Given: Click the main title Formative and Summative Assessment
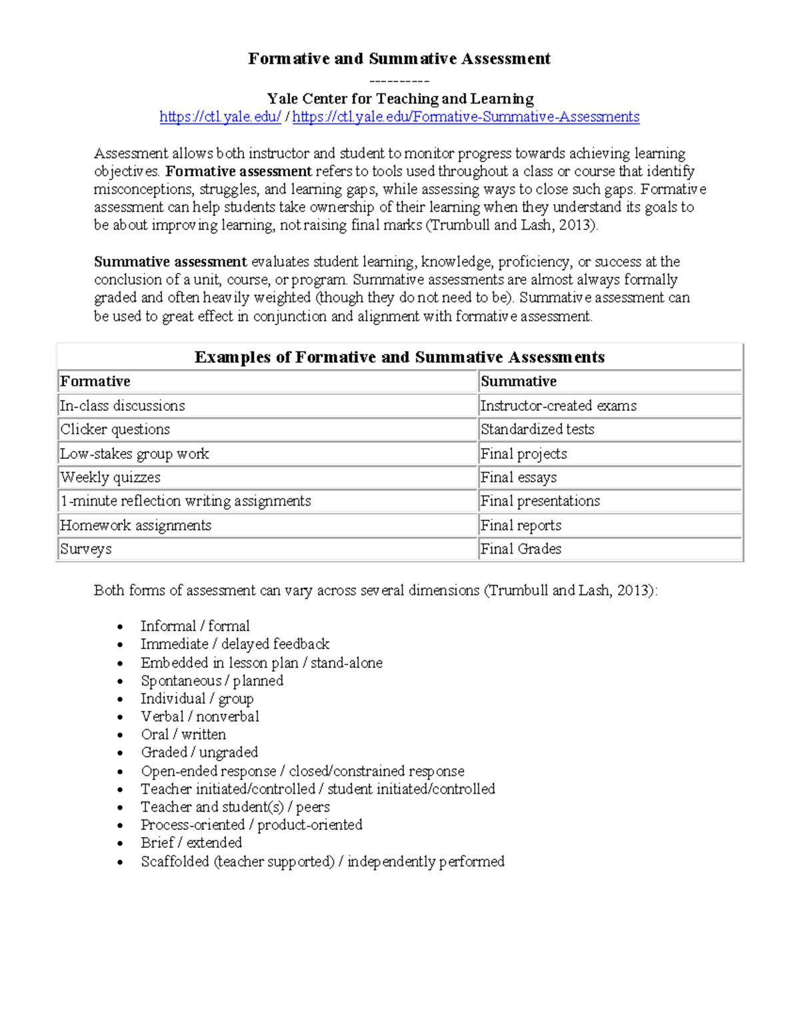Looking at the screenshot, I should (399, 59).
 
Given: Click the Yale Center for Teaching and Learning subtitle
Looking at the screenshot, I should (400, 99).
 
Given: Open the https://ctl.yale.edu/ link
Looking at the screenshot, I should (220, 117).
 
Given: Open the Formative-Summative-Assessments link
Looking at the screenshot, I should (465, 117).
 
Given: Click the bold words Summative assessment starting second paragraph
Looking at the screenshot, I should (170, 262).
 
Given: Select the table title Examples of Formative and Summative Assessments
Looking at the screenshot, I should (399, 357).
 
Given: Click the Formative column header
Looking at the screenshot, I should (95, 382).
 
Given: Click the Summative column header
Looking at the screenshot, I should (518, 382).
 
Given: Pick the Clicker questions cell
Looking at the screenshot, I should (115, 430).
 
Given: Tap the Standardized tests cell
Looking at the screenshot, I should (537, 430).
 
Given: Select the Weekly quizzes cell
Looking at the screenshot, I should (110, 478).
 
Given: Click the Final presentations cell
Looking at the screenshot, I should (539, 501).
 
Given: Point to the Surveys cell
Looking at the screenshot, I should (86, 549).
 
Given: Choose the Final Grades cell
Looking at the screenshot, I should (521, 549).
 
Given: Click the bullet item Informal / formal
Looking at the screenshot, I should (195, 626).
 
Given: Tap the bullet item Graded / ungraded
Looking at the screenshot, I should (199, 752).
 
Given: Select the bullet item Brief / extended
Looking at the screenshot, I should (191, 843).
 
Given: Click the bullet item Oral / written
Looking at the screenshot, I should (183, 734).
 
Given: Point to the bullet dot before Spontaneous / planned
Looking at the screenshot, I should (120, 682).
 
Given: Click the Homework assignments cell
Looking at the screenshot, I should (135, 526).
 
